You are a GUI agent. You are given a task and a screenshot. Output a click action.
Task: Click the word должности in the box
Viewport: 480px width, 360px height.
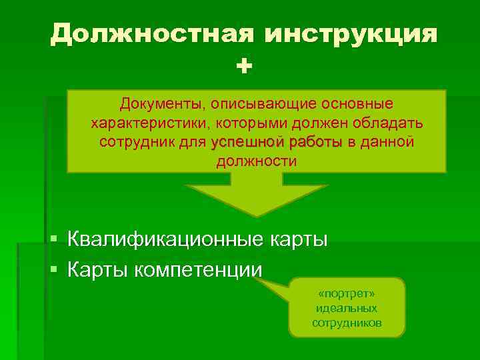click(257, 162)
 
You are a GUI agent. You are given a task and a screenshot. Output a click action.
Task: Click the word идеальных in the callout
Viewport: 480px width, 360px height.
click(347, 308)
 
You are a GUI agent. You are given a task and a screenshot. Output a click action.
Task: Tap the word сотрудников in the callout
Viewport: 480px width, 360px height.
click(347, 323)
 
